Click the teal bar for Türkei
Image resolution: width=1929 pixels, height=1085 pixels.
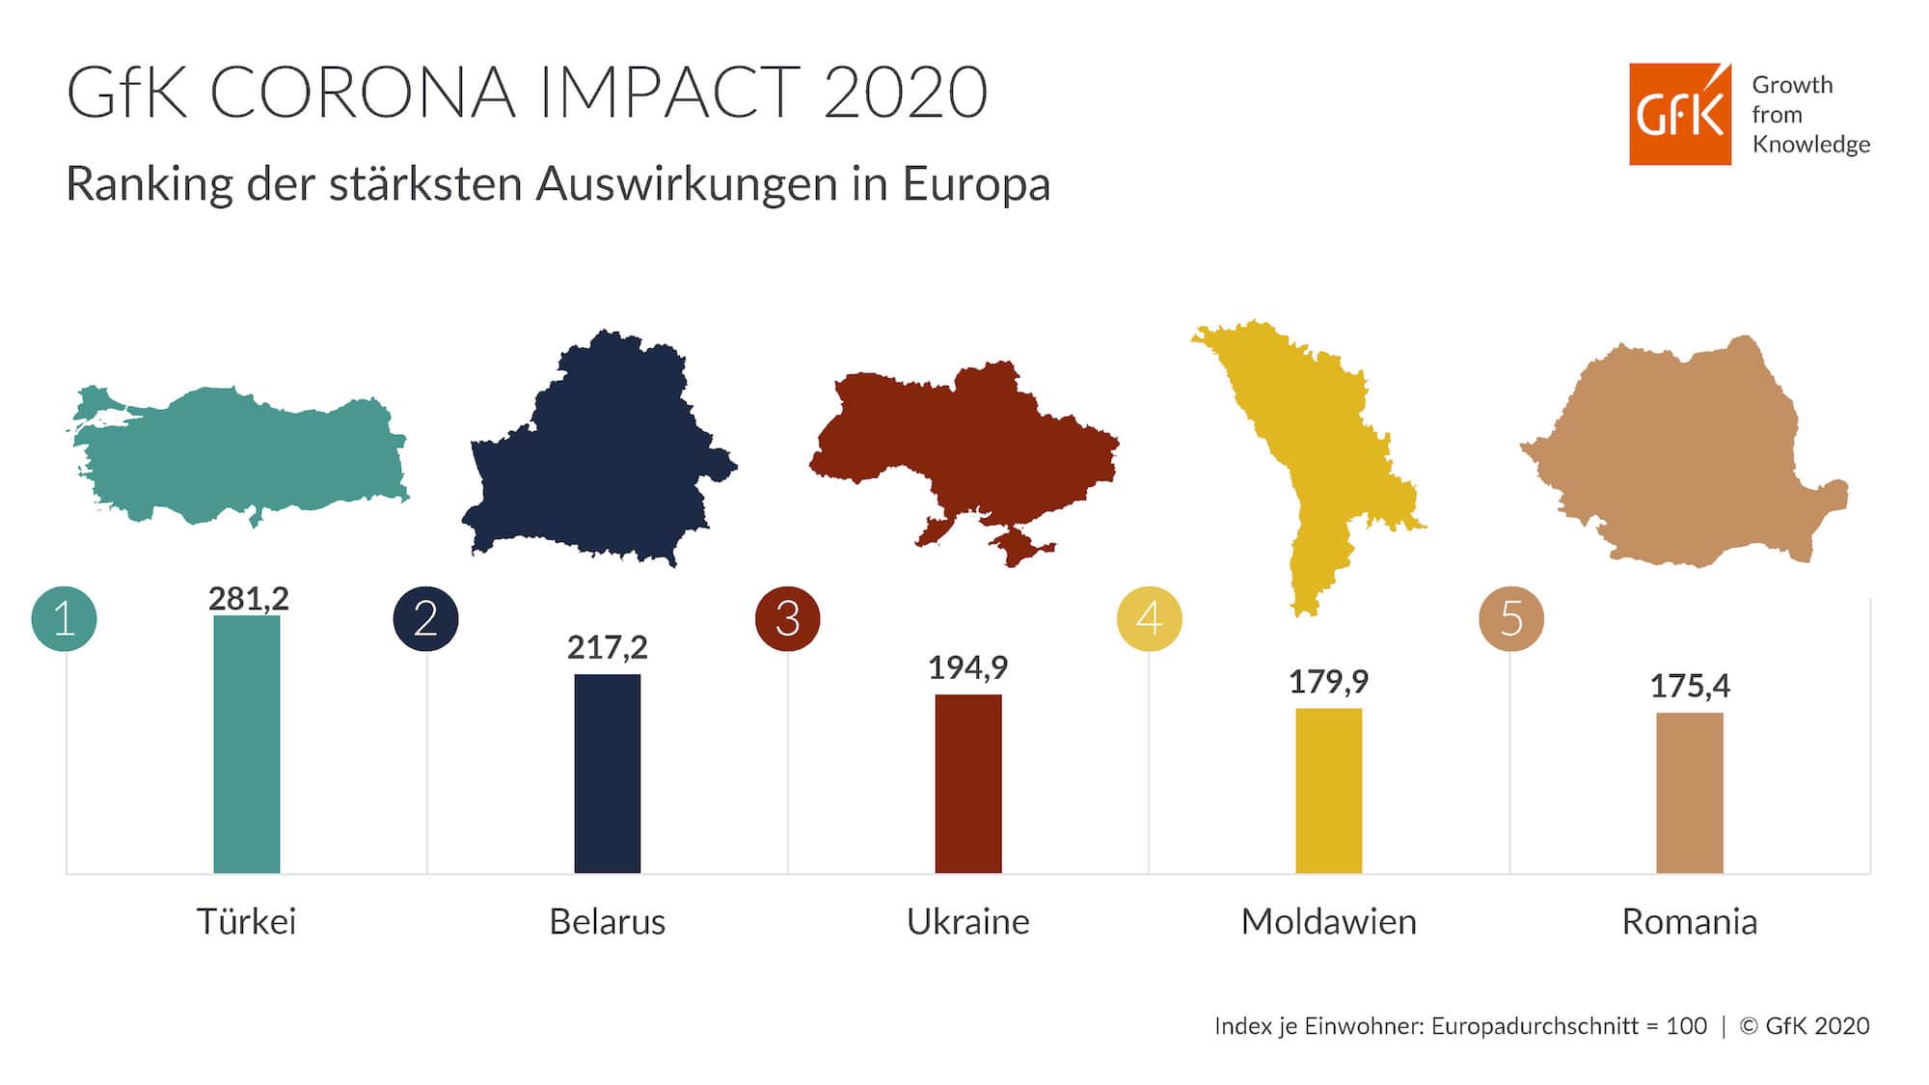pos(246,744)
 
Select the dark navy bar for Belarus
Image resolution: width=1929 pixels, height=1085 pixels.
pos(607,773)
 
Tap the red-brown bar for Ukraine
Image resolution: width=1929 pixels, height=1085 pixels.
pos(967,783)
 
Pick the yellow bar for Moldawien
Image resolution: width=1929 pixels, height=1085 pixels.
pos(1328,790)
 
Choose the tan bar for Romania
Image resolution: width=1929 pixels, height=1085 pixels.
pos(1689,793)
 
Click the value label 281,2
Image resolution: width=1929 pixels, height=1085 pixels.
pos(248,599)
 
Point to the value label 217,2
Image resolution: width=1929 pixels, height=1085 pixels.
pos(607,647)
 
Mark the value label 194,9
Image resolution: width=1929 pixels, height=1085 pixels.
pos(967,667)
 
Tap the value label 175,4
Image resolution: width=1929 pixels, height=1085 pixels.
pos(1689,686)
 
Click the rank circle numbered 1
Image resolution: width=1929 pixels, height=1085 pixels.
pos(65,618)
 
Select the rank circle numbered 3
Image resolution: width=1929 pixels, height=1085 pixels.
pos(787,618)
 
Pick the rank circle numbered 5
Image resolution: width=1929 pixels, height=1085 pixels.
pos(1510,618)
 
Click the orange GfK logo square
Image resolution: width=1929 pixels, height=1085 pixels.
pos(1679,114)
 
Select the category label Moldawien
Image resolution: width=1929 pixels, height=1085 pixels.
pos(1328,921)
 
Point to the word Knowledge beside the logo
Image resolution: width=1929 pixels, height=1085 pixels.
pos(1810,145)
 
